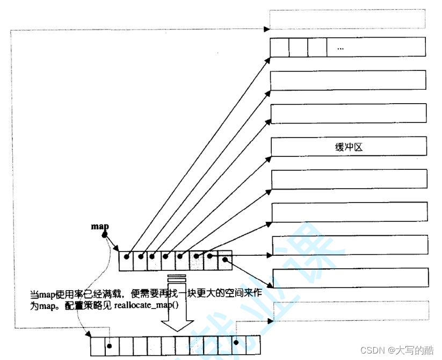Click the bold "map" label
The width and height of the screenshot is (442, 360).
(x=100, y=226)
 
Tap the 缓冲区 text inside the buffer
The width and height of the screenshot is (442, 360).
(x=348, y=147)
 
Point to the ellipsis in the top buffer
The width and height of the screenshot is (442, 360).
(x=340, y=48)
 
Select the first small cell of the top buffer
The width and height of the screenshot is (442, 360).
(x=280, y=47)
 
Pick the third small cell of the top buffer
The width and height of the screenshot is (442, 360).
(x=317, y=47)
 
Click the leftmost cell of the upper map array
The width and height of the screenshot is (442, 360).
(x=126, y=261)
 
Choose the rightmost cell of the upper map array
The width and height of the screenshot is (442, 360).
(x=225, y=261)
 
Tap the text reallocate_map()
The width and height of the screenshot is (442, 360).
(x=147, y=306)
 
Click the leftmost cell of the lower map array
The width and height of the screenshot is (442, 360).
(x=97, y=344)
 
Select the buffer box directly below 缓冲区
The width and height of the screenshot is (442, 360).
(x=349, y=179)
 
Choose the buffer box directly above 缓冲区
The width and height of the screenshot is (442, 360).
(x=349, y=113)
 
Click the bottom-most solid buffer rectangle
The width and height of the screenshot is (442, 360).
(x=351, y=278)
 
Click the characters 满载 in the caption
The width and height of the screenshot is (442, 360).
(x=116, y=294)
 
